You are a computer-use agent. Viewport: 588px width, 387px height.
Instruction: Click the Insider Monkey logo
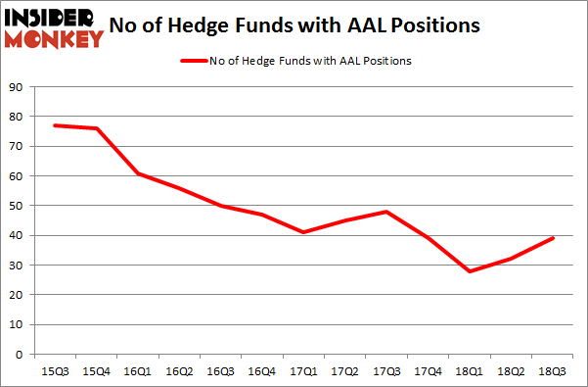pyautogui.click(x=55, y=26)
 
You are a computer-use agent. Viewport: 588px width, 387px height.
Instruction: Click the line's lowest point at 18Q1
pyautogui.click(x=472, y=271)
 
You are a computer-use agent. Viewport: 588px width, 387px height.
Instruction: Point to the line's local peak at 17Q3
pyautogui.click(x=388, y=212)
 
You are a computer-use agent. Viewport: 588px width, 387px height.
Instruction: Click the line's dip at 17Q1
pyautogui.click(x=305, y=232)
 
